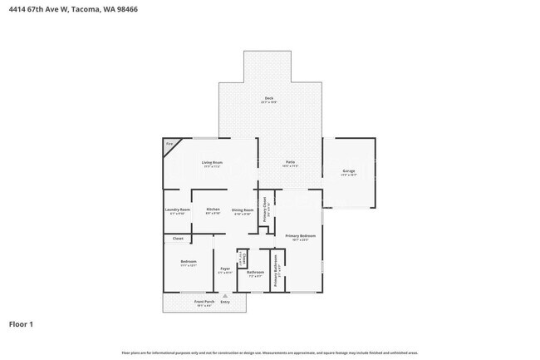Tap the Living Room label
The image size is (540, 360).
coord(212,162)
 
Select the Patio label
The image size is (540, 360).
coord(292,162)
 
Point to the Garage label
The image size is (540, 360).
coord(349,171)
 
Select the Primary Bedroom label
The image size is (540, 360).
coord(301,236)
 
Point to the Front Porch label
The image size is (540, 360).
coord(204,301)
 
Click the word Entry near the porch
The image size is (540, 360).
coord(225,301)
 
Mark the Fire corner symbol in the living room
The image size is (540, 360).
coord(169,145)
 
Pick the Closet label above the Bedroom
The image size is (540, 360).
coord(178,239)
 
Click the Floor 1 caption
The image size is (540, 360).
coord(21,323)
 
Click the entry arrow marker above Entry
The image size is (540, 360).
coord(225,294)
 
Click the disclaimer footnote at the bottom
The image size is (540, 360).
coord(269,353)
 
